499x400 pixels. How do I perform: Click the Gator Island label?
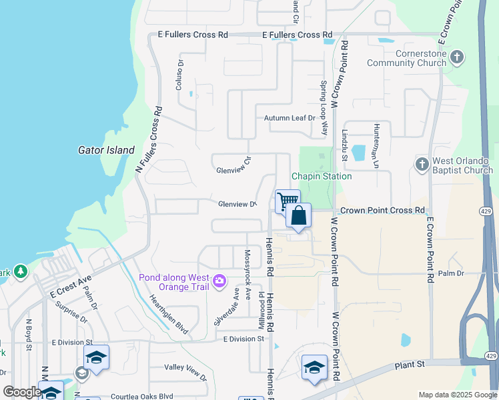(106, 151)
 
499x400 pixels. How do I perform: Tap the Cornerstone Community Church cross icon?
(456, 56)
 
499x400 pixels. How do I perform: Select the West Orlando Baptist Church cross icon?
(421, 163)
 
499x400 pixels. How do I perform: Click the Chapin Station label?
(321, 176)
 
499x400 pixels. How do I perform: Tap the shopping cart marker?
(287, 201)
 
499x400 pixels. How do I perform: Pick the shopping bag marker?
(299, 215)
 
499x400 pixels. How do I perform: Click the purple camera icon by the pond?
(219, 282)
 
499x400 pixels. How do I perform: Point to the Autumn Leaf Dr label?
(289, 118)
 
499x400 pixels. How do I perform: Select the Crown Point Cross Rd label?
(382, 210)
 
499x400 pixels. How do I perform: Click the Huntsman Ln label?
(376, 148)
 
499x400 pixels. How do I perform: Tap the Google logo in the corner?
(22, 392)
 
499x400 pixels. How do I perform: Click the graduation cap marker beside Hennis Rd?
(315, 367)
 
